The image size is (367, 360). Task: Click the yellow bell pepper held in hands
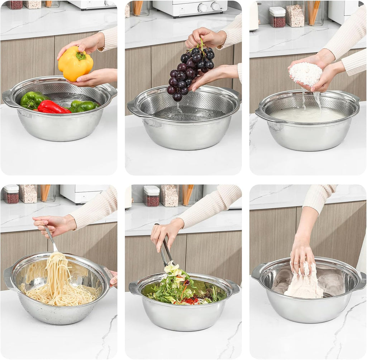coord(75,65)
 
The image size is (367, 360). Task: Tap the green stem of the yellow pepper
coord(81,56)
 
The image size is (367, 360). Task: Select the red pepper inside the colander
coord(53,107)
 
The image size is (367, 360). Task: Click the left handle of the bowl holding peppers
coord(8,98)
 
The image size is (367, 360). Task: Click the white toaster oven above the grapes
coord(190,8)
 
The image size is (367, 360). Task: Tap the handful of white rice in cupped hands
coord(305,73)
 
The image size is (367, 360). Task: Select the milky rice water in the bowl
coord(308,115)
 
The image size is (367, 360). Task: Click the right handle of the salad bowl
coord(233,287)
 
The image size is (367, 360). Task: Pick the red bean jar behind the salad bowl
coord(152,196)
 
